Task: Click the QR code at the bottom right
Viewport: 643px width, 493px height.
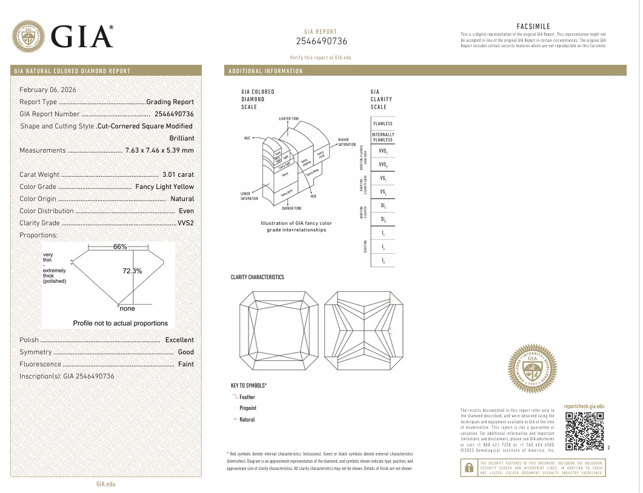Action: [x=584, y=431]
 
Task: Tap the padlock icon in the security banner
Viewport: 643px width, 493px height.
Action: [x=469, y=467]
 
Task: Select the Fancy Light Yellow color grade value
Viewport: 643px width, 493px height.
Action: [x=164, y=187]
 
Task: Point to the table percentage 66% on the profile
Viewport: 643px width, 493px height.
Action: [x=120, y=247]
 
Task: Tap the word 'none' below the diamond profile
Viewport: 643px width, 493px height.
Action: [x=127, y=308]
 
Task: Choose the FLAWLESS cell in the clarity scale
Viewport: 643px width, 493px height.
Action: [x=383, y=124]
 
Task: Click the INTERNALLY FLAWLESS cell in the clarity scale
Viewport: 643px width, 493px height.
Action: [x=383, y=137]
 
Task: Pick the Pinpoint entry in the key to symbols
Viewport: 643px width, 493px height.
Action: [x=248, y=408]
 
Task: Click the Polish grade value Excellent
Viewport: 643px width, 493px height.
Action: [x=179, y=340]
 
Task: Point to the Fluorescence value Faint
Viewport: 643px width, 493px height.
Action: [x=185, y=364]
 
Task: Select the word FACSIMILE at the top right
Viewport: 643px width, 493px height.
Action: [x=533, y=27]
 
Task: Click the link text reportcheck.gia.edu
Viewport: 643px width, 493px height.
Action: [x=584, y=406]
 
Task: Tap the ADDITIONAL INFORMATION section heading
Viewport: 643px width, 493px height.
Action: [x=265, y=71]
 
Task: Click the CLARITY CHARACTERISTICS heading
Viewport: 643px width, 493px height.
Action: [x=257, y=277]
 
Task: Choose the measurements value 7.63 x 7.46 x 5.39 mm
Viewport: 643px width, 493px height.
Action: [x=159, y=150]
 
